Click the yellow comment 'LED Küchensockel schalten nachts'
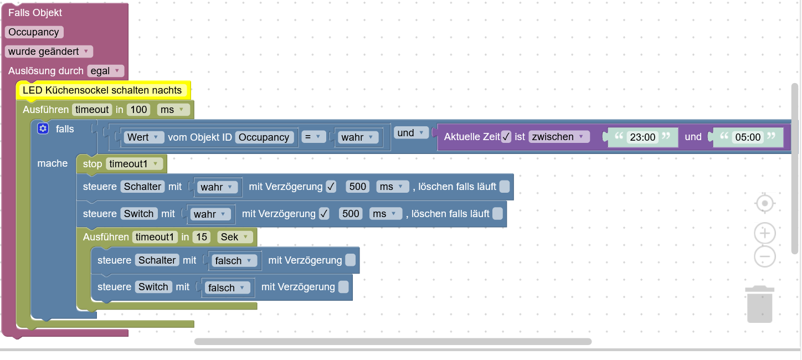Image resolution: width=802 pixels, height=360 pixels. (102, 90)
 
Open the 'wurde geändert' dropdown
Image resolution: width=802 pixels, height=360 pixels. (49, 52)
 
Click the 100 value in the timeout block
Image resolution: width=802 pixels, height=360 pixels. (138, 110)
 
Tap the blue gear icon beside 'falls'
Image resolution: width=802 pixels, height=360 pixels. (43, 128)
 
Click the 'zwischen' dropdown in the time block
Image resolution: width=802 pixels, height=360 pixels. (558, 137)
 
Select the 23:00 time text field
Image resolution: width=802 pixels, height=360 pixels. (642, 137)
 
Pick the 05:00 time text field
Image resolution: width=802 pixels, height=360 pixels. (748, 137)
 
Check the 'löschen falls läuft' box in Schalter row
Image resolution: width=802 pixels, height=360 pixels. (505, 187)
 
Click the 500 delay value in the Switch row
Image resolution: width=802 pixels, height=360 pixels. (351, 214)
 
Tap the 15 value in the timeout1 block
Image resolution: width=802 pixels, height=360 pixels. (202, 237)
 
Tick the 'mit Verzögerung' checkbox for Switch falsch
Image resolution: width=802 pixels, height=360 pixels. (343, 287)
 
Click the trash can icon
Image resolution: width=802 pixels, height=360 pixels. (759, 304)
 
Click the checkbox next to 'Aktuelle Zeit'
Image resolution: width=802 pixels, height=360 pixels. (506, 137)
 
